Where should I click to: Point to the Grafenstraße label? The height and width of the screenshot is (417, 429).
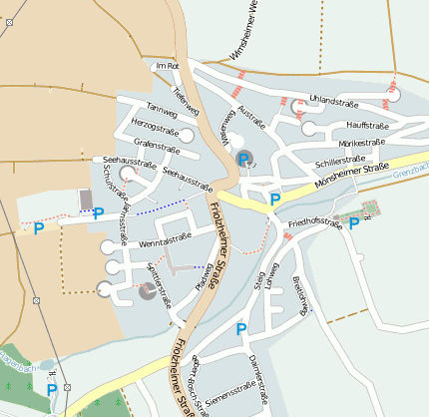[155, 147]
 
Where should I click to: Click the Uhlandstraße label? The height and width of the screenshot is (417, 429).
[332, 100]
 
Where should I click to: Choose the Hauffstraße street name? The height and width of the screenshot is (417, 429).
[366, 126]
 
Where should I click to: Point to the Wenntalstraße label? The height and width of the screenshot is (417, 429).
[165, 239]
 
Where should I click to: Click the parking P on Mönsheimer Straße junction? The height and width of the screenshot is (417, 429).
[275, 200]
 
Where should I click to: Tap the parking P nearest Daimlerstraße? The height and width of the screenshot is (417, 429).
[240, 328]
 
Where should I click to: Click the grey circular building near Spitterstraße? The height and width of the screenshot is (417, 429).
[148, 290]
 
